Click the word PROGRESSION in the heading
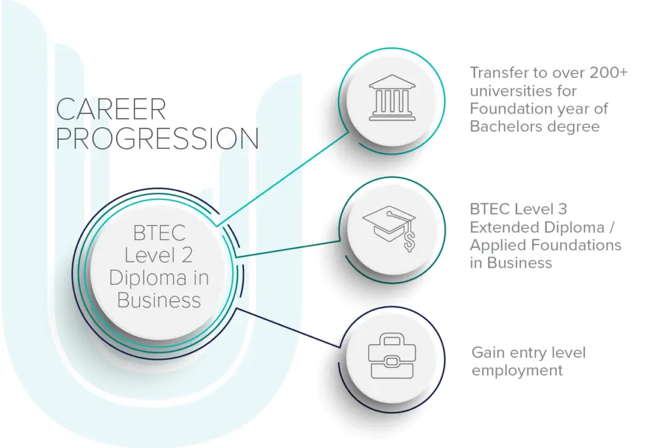pyautogui.click(x=157, y=139)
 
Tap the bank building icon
pyautogui.click(x=392, y=100)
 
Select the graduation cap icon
pyautogui.click(x=390, y=227)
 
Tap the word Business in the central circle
pyautogui.click(x=159, y=300)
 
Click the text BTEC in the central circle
pyautogui.click(x=159, y=233)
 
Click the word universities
pyautogui.click(x=513, y=91)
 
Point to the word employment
pyautogui.click(x=517, y=371)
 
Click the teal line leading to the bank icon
pyautogui.click(x=282, y=177)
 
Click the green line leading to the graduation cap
pyautogui.click(x=289, y=249)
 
